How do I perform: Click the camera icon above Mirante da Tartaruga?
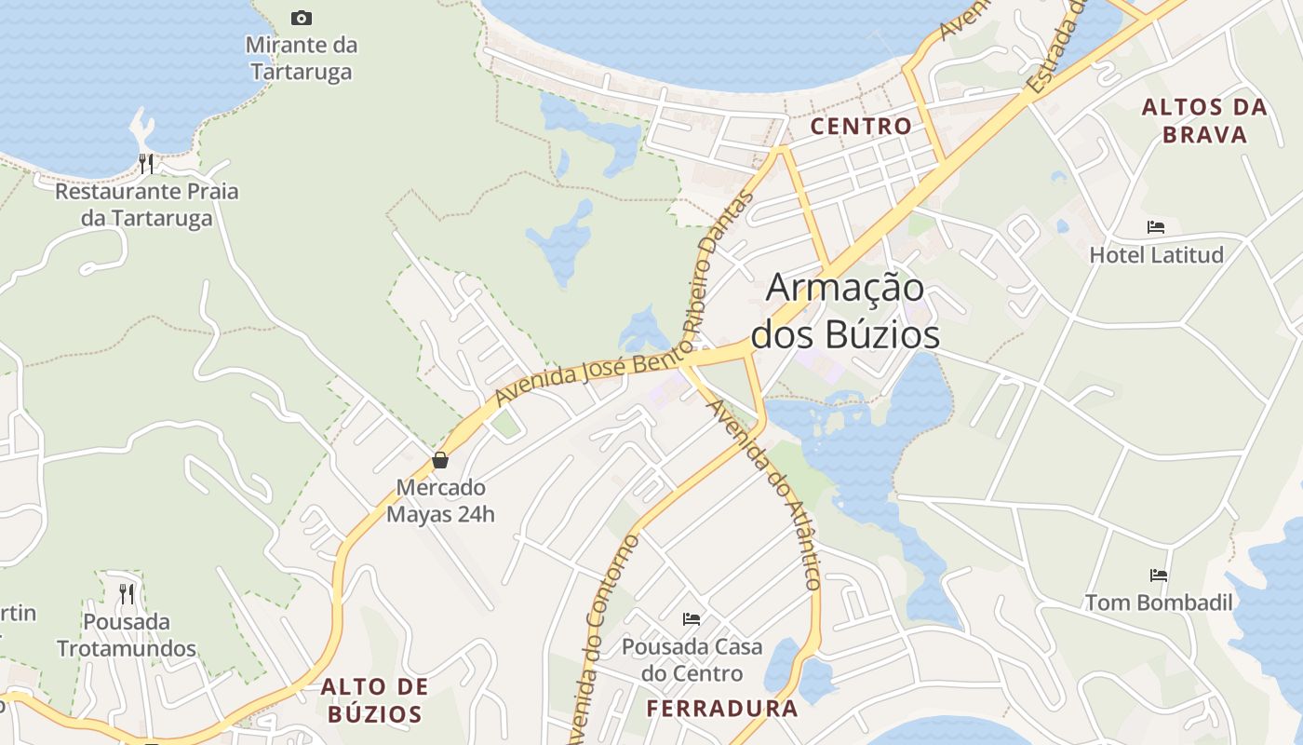click(x=301, y=18)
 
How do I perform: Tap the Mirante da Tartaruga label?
click(x=301, y=58)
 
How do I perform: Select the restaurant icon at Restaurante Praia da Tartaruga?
click(x=145, y=164)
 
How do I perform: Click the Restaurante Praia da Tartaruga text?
click(x=147, y=205)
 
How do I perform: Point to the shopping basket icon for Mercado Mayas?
click(x=440, y=460)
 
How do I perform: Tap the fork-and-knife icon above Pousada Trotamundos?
click(x=127, y=593)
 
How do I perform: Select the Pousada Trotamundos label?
click(x=127, y=635)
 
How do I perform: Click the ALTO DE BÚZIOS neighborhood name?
click(x=374, y=700)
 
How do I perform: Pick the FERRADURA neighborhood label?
click(x=722, y=709)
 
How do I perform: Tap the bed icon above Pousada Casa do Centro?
click(x=692, y=618)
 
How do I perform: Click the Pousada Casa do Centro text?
click(x=692, y=659)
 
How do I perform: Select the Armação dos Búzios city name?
click(x=845, y=311)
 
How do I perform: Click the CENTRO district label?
click(x=861, y=127)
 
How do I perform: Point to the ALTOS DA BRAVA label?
click(x=1204, y=121)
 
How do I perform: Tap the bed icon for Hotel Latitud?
click(x=1156, y=227)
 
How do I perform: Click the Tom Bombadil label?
click(x=1159, y=603)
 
